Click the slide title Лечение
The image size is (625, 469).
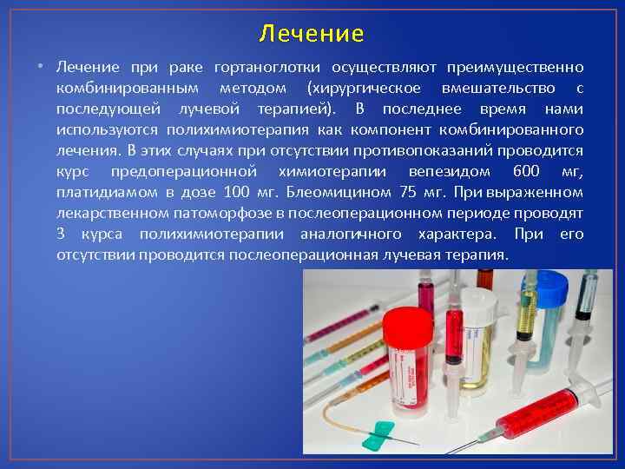(x=312, y=34)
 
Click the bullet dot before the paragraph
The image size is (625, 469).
(x=40, y=68)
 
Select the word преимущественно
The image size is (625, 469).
(x=521, y=67)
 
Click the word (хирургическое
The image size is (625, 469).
(x=362, y=89)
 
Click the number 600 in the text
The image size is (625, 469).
(x=526, y=171)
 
